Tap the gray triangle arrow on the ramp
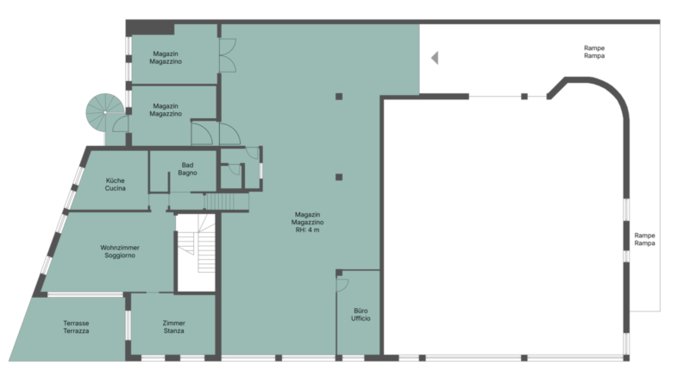(x=435, y=58)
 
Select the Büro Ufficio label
(x=361, y=314)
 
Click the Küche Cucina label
(x=116, y=184)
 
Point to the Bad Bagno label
(x=187, y=169)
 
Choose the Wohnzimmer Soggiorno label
(x=120, y=251)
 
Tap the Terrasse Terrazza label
(x=76, y=326)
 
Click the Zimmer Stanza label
(x=174, y=326)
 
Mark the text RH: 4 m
(x=308, y=230)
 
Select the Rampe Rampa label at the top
(x=594, y=52)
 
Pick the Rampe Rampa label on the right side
(x=644, y=239)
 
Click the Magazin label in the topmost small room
(x=166, y=54)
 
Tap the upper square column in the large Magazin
(x=339, y=97)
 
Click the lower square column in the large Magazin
(x=339, y=177)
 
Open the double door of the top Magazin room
(x=228, y=55)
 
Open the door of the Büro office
(x=342, y=286)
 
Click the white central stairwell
(x=196, y=253)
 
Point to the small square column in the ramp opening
(x=524, y=97)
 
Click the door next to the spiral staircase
(x=120, y=123)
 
